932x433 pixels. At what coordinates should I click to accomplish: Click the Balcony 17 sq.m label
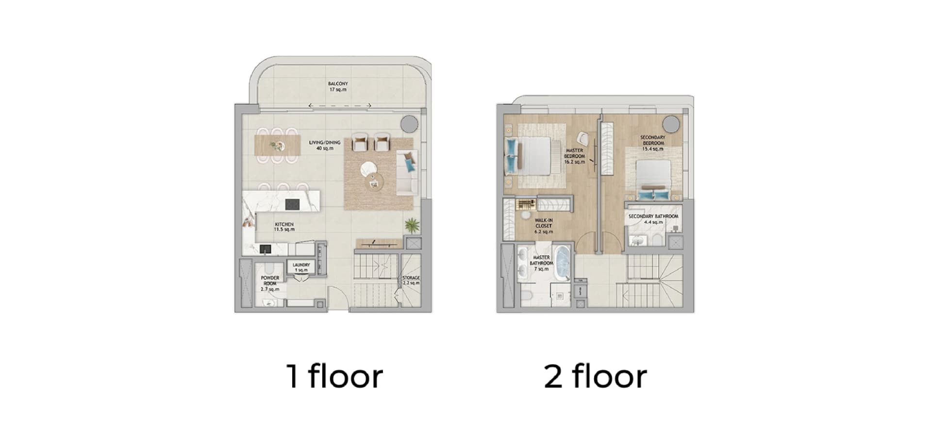click(x=338, y=87)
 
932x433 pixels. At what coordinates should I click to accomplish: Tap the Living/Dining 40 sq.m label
click(x=325, y=145)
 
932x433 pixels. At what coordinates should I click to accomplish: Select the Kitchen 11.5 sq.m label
click(x=284, y=227)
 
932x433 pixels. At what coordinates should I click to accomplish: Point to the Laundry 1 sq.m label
click(x=301, y=267)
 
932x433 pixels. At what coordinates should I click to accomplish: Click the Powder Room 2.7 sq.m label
click(x=270, y=283)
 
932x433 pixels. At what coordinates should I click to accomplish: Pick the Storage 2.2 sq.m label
click(x=411, y=281)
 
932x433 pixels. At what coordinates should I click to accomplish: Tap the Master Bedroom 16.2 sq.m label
click(x=574, y=156)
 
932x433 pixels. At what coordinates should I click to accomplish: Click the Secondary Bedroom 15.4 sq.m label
click(x=653, y=143)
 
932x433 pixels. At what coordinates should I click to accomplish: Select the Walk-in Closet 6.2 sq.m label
click(x=544, y=226)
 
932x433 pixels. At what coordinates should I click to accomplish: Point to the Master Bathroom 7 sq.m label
click(x=541, y=263)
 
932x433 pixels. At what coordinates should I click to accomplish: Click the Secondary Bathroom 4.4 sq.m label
click(x=653, y=219)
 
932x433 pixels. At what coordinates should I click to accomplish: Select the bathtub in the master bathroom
click(x=563, y=264)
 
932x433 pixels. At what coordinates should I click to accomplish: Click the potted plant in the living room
click(x=412, y=225)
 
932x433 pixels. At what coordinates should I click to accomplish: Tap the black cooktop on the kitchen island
click(x=292, y=204)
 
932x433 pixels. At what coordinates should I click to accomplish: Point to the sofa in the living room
click(x=407, y=172)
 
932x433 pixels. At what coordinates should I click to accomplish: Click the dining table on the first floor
click(x=277, y=146)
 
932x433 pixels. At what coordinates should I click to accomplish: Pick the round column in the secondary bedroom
click(x=672, y=123)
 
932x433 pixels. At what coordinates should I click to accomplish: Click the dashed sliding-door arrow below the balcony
click(x=340, y=105)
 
